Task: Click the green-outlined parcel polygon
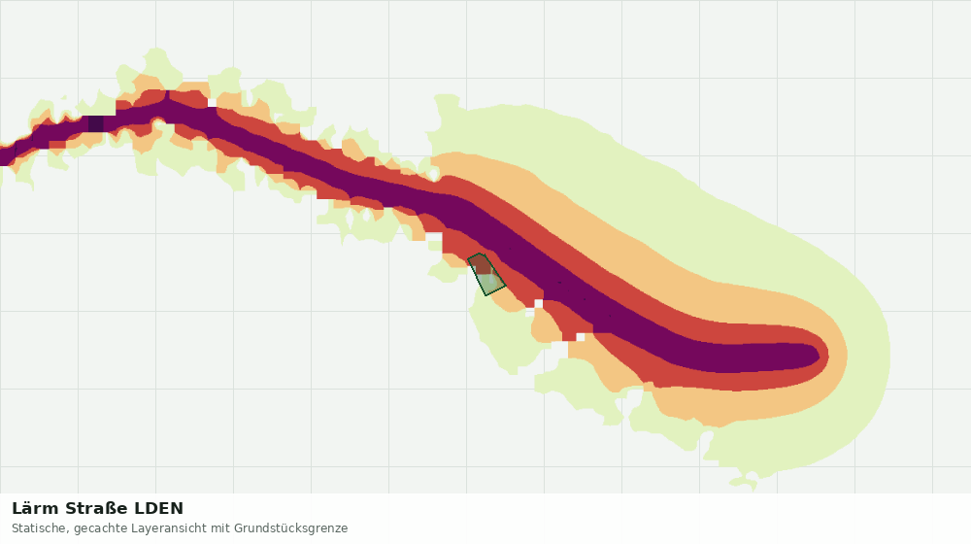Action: pos(486,275)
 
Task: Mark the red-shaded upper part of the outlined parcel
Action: pos(481,264)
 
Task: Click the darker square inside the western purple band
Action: pos(96,124)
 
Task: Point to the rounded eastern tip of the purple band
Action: pos(818,356)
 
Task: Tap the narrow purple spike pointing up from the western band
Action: pos(168,95)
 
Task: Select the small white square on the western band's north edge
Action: pos(213,103)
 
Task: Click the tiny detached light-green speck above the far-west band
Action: pos(64,97)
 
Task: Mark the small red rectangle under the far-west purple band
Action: pos(57,145)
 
